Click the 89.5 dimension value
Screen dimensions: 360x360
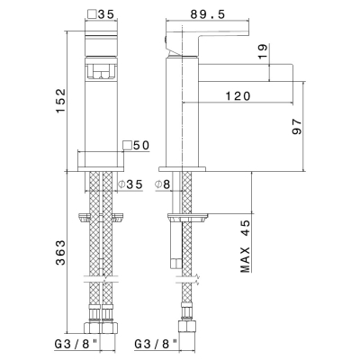(207, 14)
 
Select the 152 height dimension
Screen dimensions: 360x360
(61, 101)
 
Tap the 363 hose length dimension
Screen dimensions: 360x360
(61, 253)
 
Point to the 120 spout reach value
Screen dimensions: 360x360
(238, 96)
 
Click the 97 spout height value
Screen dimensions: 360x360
(297, 126)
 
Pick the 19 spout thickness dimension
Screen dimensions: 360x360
(262, 51)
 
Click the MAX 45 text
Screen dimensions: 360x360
(246, 247)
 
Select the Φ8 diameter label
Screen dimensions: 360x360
(163, 184)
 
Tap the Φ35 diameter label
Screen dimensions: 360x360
(130, 184)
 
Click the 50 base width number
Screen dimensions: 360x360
(141, 146)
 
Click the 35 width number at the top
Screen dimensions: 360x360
(106, 14)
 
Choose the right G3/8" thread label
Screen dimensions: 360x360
(155, 344)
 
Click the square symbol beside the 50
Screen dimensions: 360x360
(128, 145)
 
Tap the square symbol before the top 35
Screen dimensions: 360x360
(92, 14)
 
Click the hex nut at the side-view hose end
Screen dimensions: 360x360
(187, 327)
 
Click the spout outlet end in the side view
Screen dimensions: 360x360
(292, 73)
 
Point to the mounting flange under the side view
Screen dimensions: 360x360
(188, 217)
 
